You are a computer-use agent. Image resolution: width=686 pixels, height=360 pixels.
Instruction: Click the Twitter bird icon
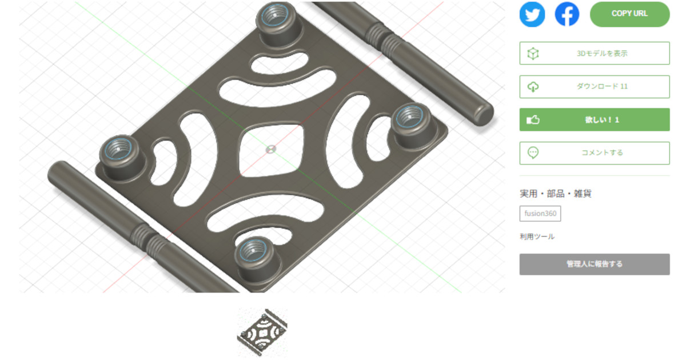pos(532,14)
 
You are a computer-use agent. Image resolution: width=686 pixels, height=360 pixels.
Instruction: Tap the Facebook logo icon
pos(567,14)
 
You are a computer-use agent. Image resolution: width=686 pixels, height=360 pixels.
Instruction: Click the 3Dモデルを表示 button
pos(595,53)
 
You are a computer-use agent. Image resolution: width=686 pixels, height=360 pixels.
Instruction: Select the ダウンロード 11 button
pos(595,87)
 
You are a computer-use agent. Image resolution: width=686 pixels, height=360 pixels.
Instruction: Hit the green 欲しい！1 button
pos(595,119)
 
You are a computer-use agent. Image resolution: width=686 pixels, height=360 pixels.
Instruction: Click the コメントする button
pos(595,153)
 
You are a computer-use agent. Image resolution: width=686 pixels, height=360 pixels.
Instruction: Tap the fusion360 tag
pos(540,213)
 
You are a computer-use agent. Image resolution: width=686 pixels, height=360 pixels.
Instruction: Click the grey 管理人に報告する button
pos(595,264)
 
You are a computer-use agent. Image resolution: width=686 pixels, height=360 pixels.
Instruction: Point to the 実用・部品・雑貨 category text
pos(556,194)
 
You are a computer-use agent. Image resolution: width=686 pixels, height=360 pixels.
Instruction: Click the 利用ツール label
pos(537,237)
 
